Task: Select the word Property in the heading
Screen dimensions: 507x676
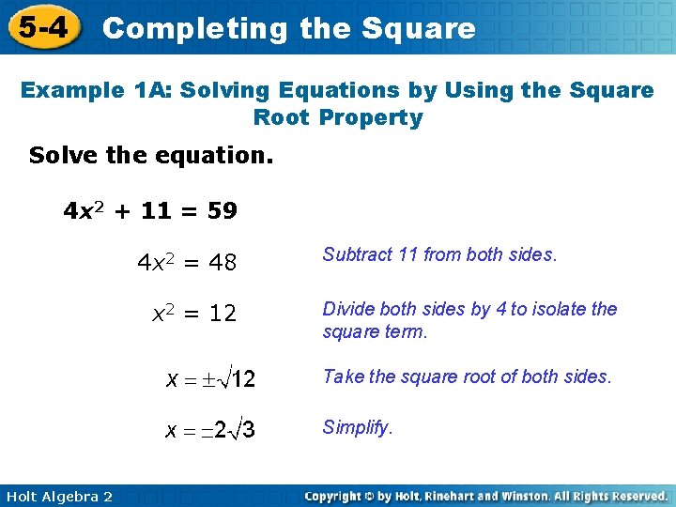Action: coord(371,117)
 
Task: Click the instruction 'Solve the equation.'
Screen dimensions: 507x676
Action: coord(151,155)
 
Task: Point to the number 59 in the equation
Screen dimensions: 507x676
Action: coord(223,211)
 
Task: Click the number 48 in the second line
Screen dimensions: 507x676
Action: coord(223,264)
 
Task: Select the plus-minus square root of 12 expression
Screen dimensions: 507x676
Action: coord(211,379)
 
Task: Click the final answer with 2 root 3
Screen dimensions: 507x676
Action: coord(211,430)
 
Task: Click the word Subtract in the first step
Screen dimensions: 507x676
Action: coord(357,254)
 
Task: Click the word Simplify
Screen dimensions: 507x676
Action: coord(358,428)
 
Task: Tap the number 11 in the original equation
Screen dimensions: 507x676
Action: coord(155,211)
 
